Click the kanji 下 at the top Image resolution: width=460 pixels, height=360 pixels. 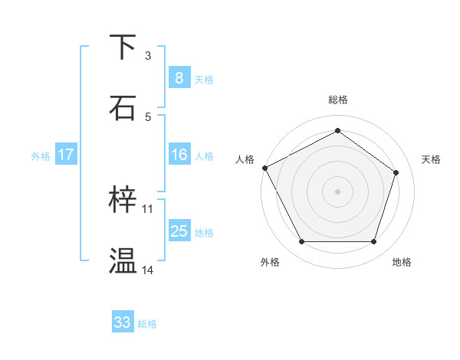tap(123, 47)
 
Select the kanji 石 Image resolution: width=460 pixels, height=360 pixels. tap(123, 107)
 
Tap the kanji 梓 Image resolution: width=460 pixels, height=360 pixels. tap(123, 200)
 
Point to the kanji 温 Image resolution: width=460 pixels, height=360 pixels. tap(123, 261)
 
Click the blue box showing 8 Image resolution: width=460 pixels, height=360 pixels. tap(179, 77)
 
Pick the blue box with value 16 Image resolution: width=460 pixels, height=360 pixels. tap(179, 155)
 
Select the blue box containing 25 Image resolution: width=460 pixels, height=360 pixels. tap(179, 231)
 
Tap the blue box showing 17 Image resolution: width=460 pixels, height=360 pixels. tap(65, 155)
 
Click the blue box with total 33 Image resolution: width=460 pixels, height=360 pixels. tap(123, 322)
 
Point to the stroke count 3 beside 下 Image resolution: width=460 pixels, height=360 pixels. tap(148, 56)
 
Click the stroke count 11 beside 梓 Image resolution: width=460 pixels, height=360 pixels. tap(148, 209)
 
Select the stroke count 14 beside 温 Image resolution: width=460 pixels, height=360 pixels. tap(148, 270)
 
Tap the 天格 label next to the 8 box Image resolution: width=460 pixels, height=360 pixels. tap(204, 79)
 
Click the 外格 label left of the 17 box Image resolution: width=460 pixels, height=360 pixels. tap(41, 156)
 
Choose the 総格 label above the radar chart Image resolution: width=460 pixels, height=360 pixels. tap(338, 100)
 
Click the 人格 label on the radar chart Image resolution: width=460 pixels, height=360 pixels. tap(245, 159)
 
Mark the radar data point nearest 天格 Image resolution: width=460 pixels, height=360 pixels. tap(396, 172)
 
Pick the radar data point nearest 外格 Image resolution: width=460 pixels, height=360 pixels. tap(301, 242)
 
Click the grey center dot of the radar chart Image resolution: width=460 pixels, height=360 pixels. tap(338, 191)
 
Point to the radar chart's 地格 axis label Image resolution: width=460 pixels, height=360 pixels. tap(402, 262)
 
